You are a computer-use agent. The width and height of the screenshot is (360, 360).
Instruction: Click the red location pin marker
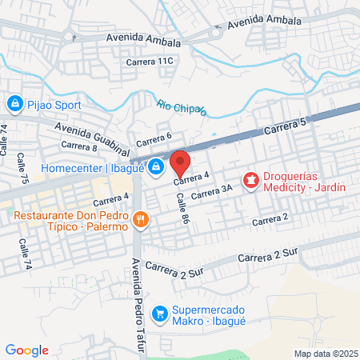pos(180,163)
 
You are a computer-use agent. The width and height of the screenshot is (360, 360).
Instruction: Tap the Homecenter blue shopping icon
pos(156,167)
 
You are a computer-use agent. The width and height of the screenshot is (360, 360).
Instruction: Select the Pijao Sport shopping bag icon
pos(14,103)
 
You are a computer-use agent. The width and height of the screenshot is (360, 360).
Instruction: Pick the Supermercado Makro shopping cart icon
pos(161,312)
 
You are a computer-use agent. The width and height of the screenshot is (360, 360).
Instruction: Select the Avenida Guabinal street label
pos(91,138)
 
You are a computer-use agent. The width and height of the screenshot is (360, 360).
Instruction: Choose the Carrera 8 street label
pos(78,146)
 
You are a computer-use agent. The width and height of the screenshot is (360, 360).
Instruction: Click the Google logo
pos(26,350)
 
